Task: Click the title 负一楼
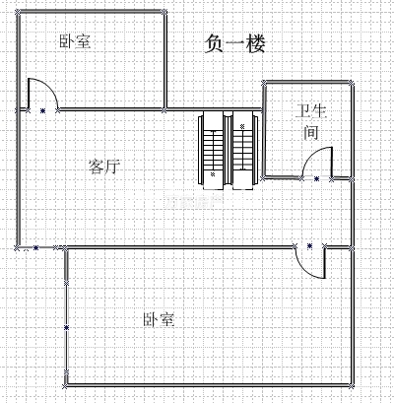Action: [234, 44]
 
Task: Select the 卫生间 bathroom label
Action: [310, 122]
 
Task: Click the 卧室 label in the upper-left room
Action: [75, 41]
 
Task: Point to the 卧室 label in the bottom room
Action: [159, 320]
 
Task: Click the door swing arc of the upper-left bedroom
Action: [50, 88]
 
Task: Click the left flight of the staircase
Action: [213, 151]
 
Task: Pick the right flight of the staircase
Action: [243, 151]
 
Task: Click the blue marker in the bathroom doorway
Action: [316, 179]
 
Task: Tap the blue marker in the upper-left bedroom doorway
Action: [42, 110]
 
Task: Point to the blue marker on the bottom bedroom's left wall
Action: [66, 327]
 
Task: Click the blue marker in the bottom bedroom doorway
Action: [309, 245]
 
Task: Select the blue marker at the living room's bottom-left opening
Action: [35, 248]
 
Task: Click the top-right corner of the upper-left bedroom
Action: [164, 13]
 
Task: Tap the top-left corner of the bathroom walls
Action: [264, 83]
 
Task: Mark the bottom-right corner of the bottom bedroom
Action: [352, 385]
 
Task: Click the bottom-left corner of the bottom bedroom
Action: [66, 385]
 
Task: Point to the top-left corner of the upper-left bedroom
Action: [18, 13]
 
